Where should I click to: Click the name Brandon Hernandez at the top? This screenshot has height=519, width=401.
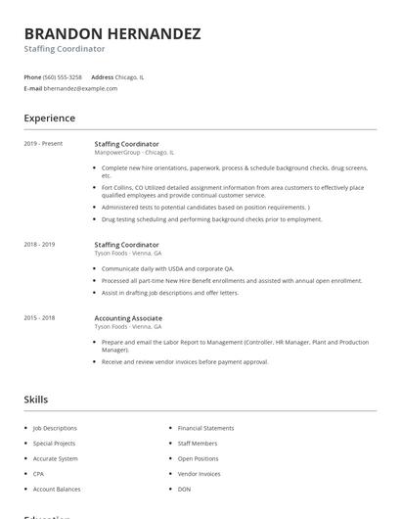[112, 33]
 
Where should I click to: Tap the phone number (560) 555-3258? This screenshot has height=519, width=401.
[64, 76]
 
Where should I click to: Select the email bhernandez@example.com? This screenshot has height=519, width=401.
[80, 88]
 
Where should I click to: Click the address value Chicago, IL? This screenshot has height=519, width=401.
[131, 76]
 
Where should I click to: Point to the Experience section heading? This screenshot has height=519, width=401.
[50, 118]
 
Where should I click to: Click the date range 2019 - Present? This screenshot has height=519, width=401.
[43, 144]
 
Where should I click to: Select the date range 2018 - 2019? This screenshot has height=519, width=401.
[39, 244]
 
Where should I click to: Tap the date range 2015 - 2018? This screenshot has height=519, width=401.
[39, 318]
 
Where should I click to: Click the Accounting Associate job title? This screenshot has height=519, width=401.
[128, 318]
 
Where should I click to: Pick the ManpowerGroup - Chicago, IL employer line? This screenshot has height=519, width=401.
[134, 153]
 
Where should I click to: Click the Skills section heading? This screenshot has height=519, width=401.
[36, 400]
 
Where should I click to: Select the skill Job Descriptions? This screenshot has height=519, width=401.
[55, 428]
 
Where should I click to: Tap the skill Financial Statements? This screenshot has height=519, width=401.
[205, 428]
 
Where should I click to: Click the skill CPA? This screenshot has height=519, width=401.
[39, 474]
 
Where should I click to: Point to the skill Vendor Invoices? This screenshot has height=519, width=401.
[199, 474]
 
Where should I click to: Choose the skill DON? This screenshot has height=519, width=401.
[184, 489]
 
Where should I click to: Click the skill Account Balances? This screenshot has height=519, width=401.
[57, 489]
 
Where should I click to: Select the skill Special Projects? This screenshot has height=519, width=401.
[54, 443]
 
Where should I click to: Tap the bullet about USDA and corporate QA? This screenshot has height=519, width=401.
[167, 268]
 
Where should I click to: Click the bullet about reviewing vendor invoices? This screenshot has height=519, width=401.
[184, 362]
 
